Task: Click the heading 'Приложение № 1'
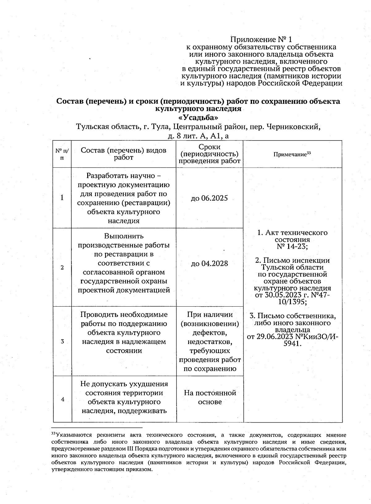pyautogui.click(x=261, y=40)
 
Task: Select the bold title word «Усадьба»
pyautogui.click(x=198, y=118)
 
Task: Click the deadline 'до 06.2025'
pyautogui.click(x=209, y=198)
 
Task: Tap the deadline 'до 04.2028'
pyautogui.click(x=209, y=264)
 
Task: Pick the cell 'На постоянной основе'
pyautogui.click(x=210, y=397)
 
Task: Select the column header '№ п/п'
pyautogui.click(x=62, y=154)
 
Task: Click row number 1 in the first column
pyautogui.click(x=62, y=198)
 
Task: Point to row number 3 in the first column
pyautogui.click(x=62, y=342)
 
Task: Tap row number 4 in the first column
pyautogui.click(x=63, y=399)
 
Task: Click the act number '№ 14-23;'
pyautogui.click(x=292, y=247)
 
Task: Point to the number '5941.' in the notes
pyautogui.click(x=292, y=343)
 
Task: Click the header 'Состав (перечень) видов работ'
pyautogui.click(x=124, y=154)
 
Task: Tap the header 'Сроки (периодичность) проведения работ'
pyautogui.click(x=209, y=154)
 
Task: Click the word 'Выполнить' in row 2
pyautogui.click(x=124, y=236)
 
